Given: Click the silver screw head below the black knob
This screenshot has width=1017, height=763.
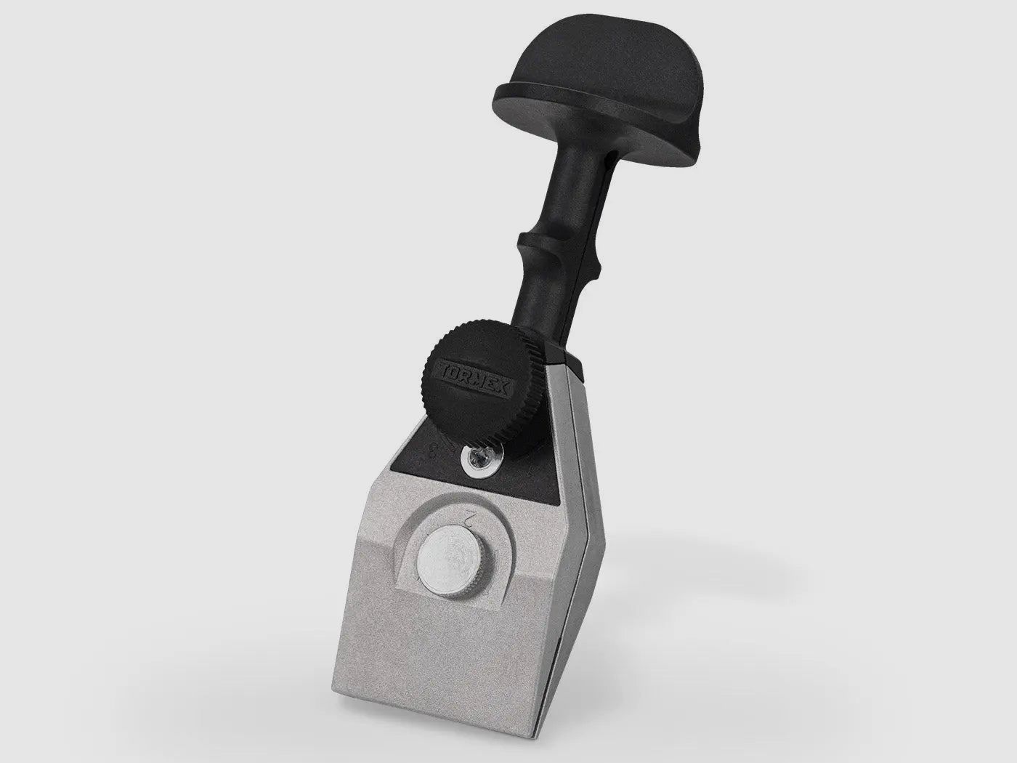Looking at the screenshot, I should (x=477, y=457).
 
